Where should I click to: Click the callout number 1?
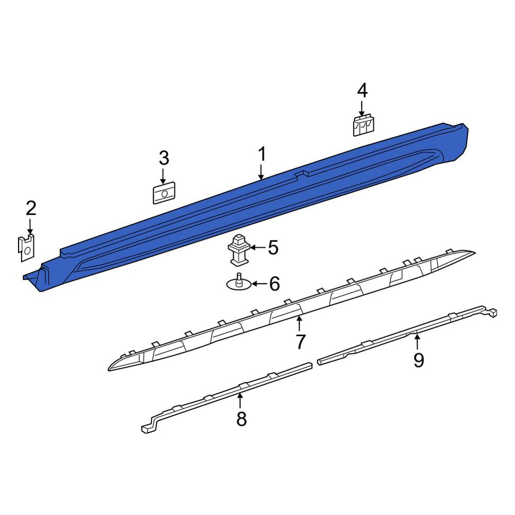coord(262,154)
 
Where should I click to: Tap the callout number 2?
coord(31,209)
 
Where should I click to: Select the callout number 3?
coord(164,158)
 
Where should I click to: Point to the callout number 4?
coord(362,91)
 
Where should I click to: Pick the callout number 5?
coord(273,248)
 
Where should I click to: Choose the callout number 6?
coord(274,284)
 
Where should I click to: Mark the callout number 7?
coord(301,342)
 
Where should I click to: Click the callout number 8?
coord(242,419)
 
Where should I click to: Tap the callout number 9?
coord(419,360)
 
